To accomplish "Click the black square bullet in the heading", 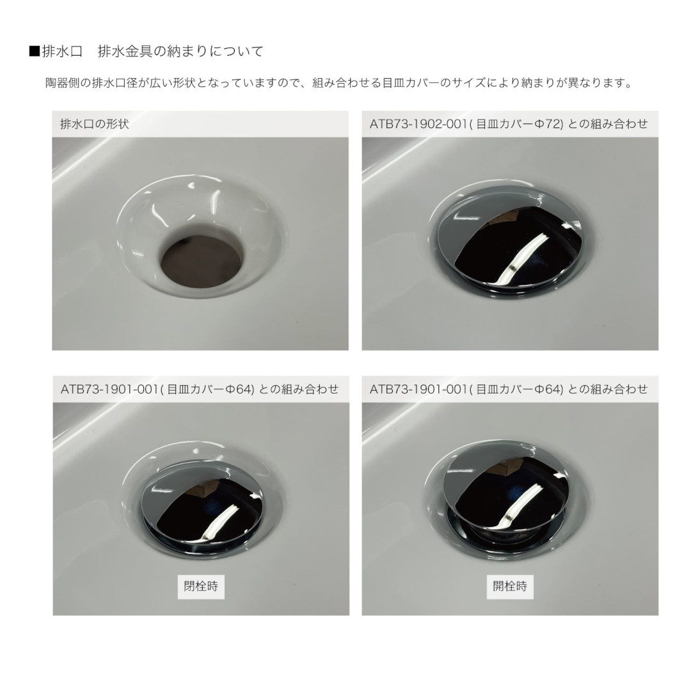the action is point(35,52).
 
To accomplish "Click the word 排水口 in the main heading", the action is point(62,52).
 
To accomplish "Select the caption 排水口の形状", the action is point(94,124).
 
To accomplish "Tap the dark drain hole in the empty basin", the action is point(202,260).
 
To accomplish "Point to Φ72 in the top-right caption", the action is point(547,124).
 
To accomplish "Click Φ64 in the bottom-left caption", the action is point(238,389).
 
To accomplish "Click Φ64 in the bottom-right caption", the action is point(547,389).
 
